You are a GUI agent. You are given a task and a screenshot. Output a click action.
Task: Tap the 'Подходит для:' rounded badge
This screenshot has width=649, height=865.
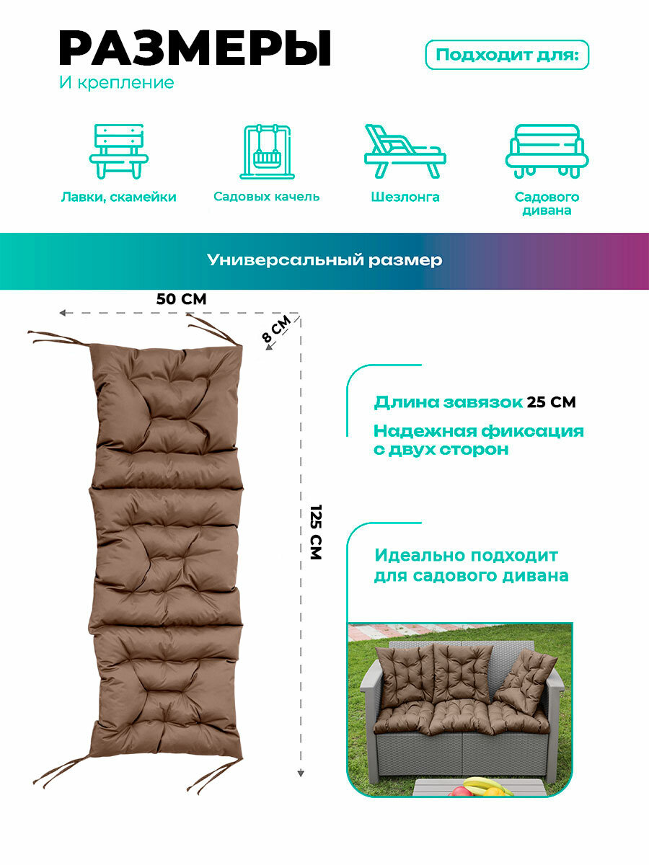click(x=508, y=55)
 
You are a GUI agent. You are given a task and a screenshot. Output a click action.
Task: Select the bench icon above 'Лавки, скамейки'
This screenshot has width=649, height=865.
click(x=119, y=151)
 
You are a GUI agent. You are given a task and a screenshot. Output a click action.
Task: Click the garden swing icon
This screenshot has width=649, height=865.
click(x=266, y=151)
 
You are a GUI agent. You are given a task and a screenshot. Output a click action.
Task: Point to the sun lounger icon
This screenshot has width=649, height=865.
click(x=404, y=151)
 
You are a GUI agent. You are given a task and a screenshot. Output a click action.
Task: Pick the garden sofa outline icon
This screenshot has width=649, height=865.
click(x=547, y=151)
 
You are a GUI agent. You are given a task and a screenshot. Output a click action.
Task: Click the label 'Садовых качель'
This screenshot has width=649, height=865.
click(x=266, y=197)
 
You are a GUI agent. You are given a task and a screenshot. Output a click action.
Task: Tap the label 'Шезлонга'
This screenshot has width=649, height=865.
click(x=405, y=197)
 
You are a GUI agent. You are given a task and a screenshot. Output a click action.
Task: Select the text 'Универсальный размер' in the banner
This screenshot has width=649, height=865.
click(x=324, y=260)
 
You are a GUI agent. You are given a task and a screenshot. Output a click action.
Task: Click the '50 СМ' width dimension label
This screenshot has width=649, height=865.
click(x=181, y=298)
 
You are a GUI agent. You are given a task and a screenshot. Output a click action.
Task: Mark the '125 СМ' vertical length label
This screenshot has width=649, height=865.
click(x=315, y=532)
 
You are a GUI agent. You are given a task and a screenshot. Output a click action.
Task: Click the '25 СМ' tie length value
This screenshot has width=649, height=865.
click(x=551, y=402)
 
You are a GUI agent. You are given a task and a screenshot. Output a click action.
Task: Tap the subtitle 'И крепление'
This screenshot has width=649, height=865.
click(x=116, y=83)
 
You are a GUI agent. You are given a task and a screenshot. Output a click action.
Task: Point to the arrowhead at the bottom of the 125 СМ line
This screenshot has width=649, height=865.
click(x=301, y=773)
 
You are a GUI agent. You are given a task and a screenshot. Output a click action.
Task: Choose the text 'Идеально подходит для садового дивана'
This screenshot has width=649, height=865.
click(x=470, y=566)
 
